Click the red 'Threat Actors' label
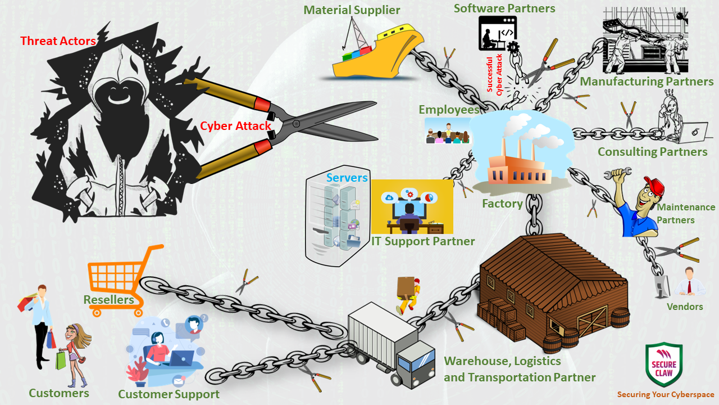(58, 41)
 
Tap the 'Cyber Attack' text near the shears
(236, 126)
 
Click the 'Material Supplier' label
(352, 10)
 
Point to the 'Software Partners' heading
(504, 8)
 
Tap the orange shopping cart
(121, 276)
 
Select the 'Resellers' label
(108, 300)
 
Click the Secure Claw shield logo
(664, 364)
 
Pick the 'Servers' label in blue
(347, 178)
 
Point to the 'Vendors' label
(685, 307)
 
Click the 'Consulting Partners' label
(652, 152)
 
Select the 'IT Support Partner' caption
(422, 241)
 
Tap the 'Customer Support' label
(169, 394)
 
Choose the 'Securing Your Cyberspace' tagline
(666, 395)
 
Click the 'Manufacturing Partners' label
(647, 82)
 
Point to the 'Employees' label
(449, 110)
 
